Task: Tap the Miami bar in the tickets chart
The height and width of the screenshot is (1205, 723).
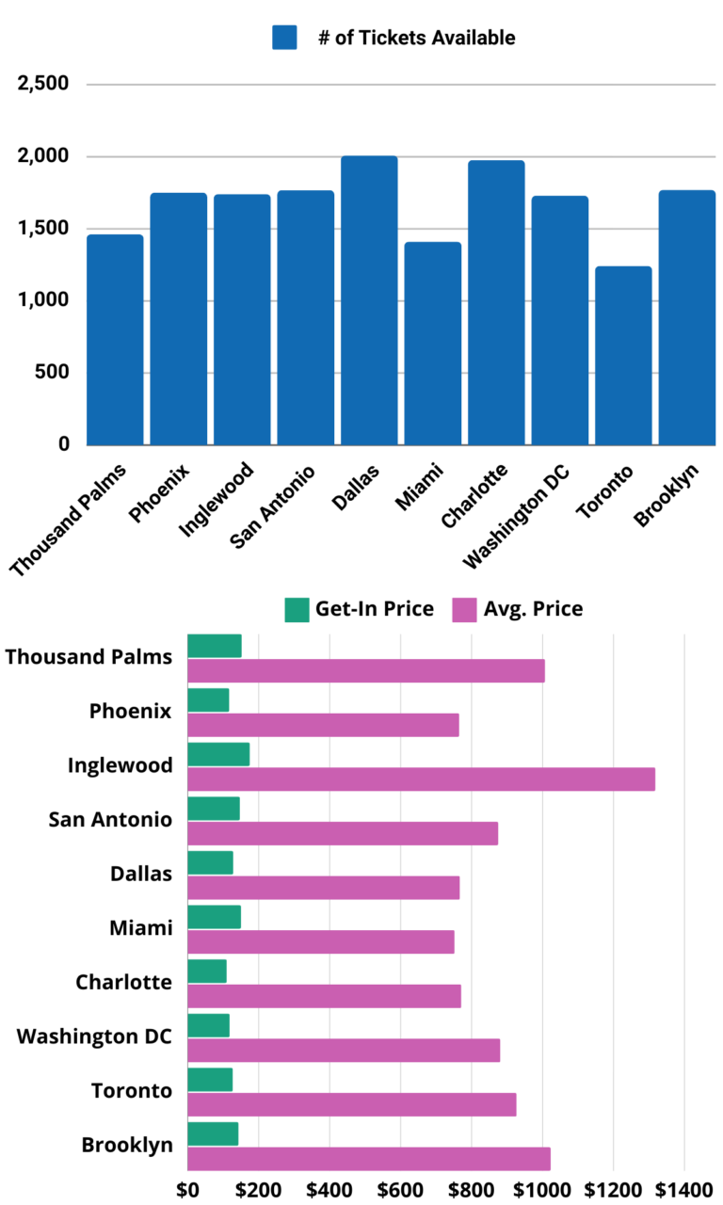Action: tap(433, 343)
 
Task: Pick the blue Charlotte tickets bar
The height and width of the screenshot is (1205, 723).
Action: tap(496, 301)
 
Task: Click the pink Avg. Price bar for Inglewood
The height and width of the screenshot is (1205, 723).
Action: tap(421, 779)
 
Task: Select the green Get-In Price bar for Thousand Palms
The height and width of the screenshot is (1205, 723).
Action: tap(215, 646)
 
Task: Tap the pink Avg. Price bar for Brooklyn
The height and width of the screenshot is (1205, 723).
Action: tap(369, 1159)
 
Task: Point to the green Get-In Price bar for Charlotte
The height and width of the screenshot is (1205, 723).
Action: tap(207, 971)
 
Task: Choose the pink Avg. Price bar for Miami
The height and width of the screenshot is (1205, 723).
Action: tap(321, 942)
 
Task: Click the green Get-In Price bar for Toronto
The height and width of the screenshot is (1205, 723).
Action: tap(210, 1080)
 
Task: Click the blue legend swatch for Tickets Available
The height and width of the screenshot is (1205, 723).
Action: tap(284, 38)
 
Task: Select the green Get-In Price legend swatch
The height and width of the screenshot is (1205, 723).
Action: tap(297, 610)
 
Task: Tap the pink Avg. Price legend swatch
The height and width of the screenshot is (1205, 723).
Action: tap(464, 610)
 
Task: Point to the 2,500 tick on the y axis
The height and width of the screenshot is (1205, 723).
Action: tap(43, 85)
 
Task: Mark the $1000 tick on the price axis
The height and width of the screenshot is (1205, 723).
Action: tap(543, 1189)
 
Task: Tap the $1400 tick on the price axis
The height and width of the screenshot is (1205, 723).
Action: tap(684, 1189)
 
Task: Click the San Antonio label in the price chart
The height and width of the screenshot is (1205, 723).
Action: tap(110, 819)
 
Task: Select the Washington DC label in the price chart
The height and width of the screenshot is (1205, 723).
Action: tap(95, 1036)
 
